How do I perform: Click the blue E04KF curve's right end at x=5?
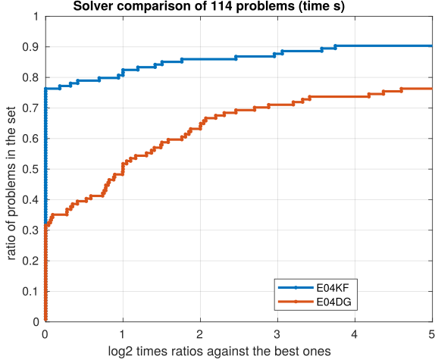(x=430, y=45)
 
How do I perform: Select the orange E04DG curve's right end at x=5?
(x=430, y=89)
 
